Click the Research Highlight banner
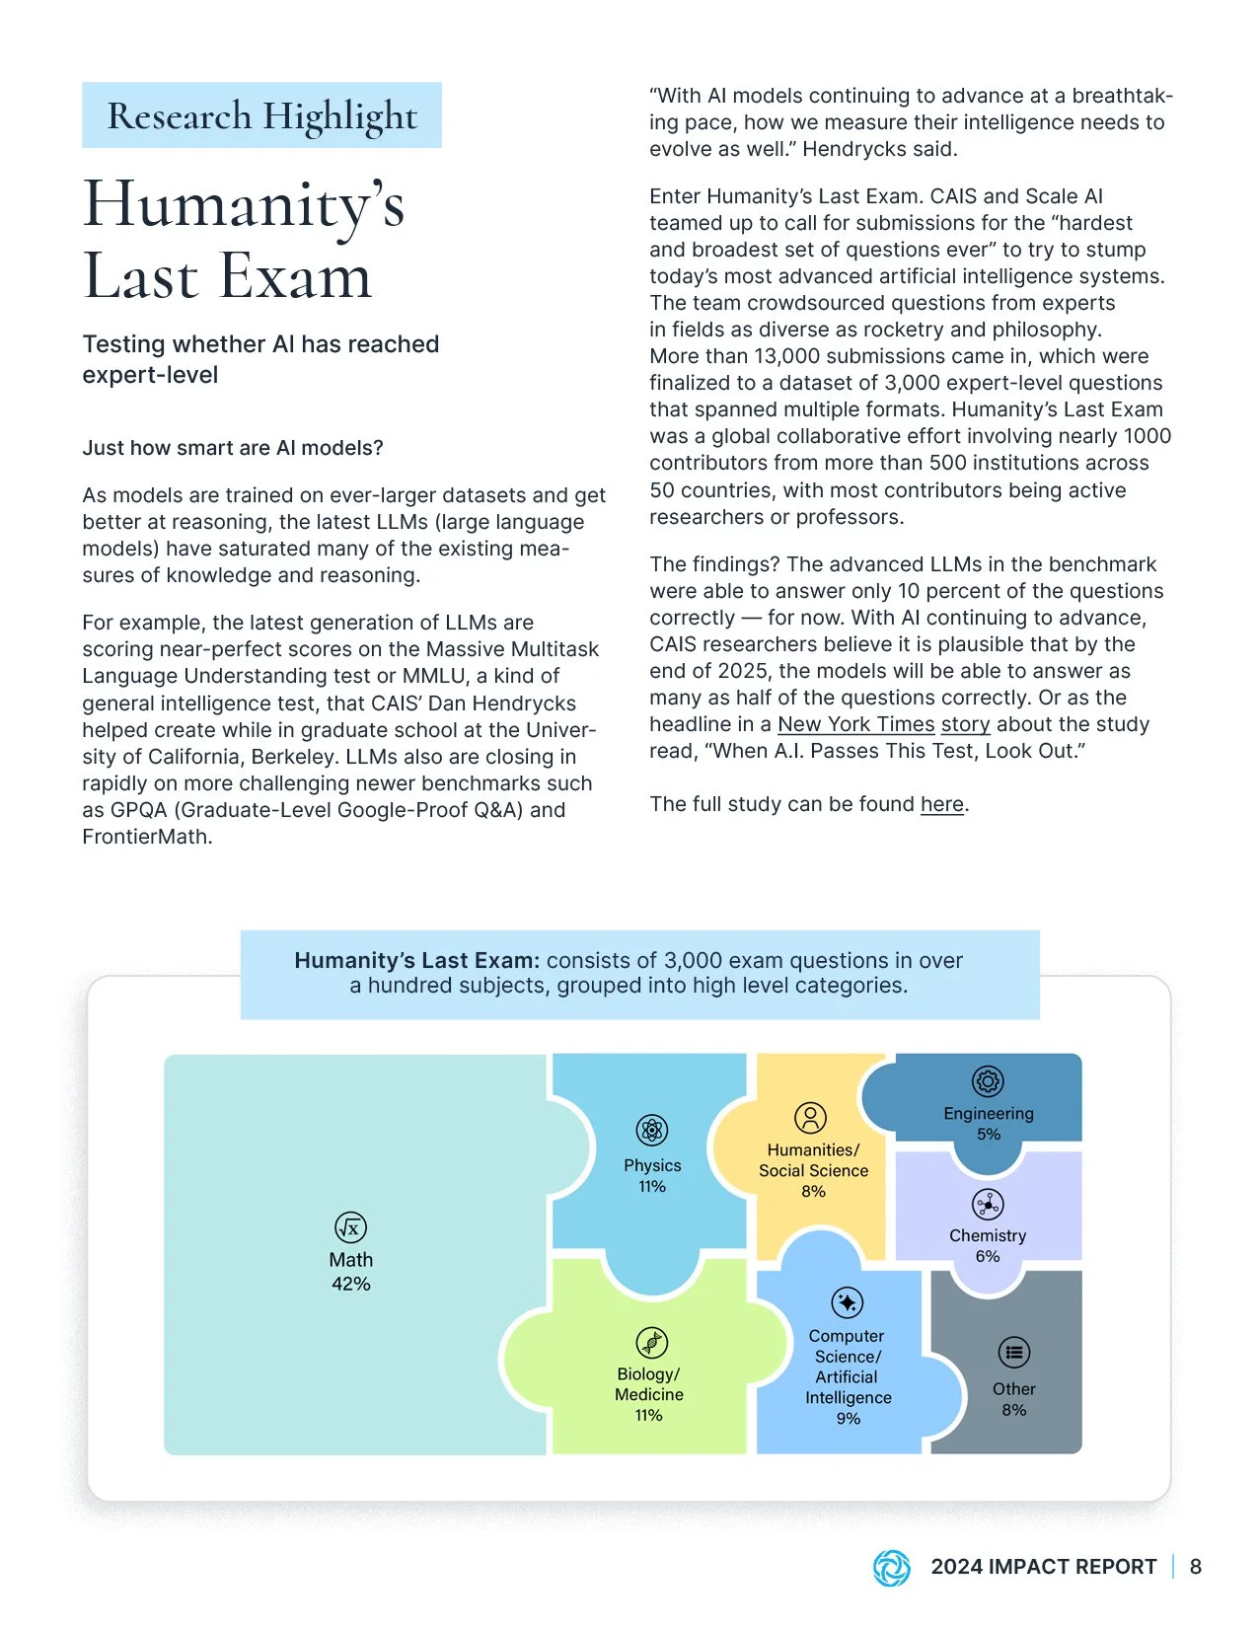click(261, 115)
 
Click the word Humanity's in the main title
click(244, 204)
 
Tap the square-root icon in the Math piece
click(350, 1227)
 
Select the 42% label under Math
click(350, 1284)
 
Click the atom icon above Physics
click(651, 1130)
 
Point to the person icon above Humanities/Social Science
click(810, 1118)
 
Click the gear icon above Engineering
click(988, 1081)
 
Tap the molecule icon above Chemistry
click(988, 1205)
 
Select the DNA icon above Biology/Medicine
click(651, 1343)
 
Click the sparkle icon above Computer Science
click(847, 1302)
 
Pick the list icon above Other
click(1013, 1353)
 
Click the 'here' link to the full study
click(941, 804)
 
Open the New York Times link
click(855, 724)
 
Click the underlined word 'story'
click(965, 724)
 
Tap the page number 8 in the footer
click(1195, 1567)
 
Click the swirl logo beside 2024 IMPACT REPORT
click(892, 1567)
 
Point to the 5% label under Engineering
click(988, 1135)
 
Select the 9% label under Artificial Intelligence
click(848, 1419)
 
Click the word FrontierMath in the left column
click(146, 837)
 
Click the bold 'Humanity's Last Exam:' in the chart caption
click(416, 960)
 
